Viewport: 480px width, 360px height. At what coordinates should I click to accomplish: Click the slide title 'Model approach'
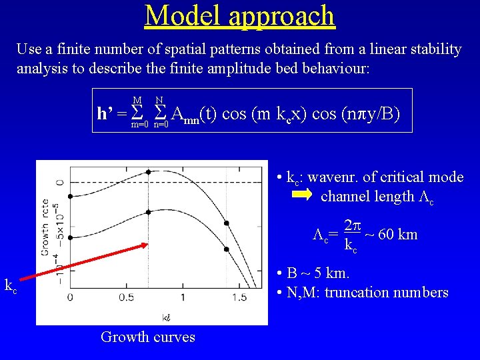(239, 15)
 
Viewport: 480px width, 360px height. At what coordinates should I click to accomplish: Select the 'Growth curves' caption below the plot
(148, 337)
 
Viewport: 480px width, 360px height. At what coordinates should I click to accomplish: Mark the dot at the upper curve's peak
(148, 171)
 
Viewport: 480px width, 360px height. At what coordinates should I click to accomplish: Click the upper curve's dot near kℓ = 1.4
(227, 223)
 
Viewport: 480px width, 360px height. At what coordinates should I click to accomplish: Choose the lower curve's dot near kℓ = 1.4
(227, 249)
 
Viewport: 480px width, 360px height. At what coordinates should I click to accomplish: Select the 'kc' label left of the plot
(11, 286)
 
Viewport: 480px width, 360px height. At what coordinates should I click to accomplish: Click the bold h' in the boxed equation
(104, 114)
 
